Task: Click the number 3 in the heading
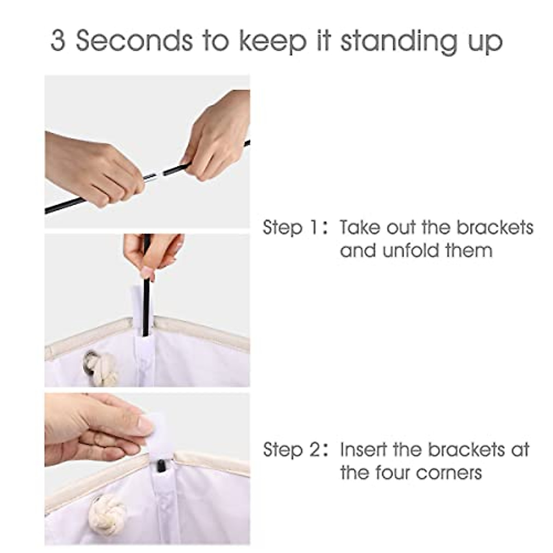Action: tap(58, 41)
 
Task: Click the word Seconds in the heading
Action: tap(134, 41)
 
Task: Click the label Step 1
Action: tap(290, 228)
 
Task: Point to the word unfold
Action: tap(412, 250)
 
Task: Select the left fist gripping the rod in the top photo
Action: tap(95, 169)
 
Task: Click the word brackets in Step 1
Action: tap(494, 228)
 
